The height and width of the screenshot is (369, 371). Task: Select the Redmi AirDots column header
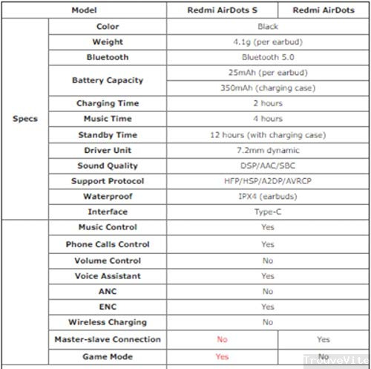324,10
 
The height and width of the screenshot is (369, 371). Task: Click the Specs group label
25,119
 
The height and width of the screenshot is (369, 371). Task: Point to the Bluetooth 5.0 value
267,56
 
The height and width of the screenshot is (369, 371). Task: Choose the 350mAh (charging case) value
267,88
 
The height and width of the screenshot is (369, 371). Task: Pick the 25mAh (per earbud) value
267,72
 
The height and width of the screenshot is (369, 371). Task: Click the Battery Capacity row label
108,79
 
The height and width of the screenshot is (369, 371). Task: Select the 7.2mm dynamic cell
267,150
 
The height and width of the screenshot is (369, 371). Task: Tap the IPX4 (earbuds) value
267,197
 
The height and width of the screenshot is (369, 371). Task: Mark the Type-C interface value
267,212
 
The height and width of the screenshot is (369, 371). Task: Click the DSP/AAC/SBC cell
267,166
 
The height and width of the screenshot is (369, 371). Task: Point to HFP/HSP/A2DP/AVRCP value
267,181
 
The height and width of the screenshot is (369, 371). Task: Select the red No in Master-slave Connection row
221,339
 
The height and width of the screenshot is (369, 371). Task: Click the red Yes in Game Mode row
221,356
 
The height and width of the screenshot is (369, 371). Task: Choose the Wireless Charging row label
108,322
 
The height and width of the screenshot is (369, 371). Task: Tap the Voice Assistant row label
108,275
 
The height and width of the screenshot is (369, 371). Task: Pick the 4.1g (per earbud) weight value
267,42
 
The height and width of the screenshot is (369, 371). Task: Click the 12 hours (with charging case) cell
267,134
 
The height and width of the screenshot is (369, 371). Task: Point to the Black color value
267,26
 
